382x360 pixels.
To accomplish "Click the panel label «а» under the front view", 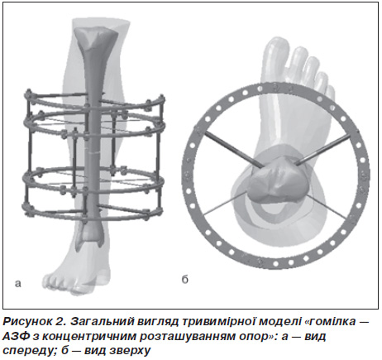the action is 18,284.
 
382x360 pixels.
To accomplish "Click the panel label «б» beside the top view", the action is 185,280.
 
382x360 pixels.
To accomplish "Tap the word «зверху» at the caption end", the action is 130,351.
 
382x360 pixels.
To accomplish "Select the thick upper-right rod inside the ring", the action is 322,150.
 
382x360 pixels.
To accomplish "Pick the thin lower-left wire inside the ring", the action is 225,203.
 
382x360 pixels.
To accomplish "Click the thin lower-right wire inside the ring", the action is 325,206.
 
